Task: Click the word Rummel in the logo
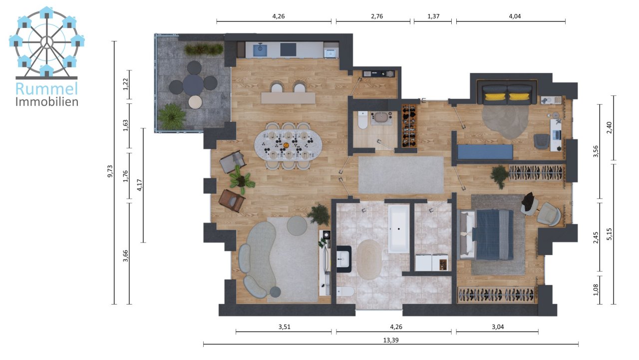coord(47,88)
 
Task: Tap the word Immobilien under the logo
coord(47,102)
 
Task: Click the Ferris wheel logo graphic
coord(47,42)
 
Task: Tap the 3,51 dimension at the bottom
coord(283,327)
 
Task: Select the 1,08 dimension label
coord(596,290)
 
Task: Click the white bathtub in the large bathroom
coord(399,229)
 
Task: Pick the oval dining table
coord(288,145)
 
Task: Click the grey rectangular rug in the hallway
coord(401,174)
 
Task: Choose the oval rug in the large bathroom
coord(369,259)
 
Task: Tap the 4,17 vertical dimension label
coord(140,185)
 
